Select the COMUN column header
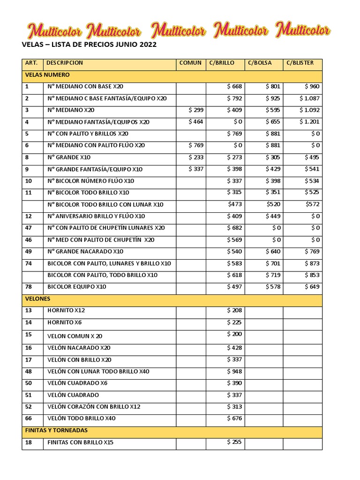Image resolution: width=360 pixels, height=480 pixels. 190,63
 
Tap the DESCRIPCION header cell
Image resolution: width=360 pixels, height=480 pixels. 65,63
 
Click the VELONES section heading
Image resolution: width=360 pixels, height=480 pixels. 37,299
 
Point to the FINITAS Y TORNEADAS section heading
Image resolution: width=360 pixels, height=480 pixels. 56,430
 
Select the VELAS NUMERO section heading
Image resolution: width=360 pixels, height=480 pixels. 47,75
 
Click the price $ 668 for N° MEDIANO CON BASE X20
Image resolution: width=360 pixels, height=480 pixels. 234,86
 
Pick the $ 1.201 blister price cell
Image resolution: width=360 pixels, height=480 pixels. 309,122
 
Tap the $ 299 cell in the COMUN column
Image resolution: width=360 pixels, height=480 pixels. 195,110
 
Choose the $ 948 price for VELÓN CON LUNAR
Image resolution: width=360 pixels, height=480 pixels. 234,371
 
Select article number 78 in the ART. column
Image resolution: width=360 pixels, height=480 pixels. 28,287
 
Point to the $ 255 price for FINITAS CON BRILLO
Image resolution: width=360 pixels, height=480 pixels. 234,442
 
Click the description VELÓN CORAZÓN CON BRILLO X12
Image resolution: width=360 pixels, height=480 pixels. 94,407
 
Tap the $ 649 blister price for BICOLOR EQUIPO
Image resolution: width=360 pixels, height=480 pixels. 312,286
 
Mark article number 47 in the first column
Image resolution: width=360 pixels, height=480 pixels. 28,228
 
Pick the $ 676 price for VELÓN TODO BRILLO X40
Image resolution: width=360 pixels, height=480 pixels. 234,418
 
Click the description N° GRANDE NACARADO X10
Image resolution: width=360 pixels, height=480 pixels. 85,252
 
